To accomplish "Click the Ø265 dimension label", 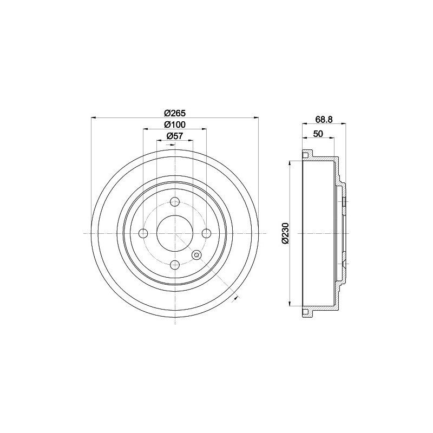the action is tap(175, 113).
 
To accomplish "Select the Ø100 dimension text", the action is tap(175, 124).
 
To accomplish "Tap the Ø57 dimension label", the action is tap(175, 136).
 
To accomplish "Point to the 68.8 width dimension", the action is tap(324, 119).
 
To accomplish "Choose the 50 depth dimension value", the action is tap(318, 134).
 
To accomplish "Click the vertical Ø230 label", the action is tap(285, 233).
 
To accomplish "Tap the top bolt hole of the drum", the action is tap(175, 201).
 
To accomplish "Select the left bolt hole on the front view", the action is tap(143, 233).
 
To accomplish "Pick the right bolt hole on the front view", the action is tap(207, 233).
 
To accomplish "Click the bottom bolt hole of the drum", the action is tap(175, 265).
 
